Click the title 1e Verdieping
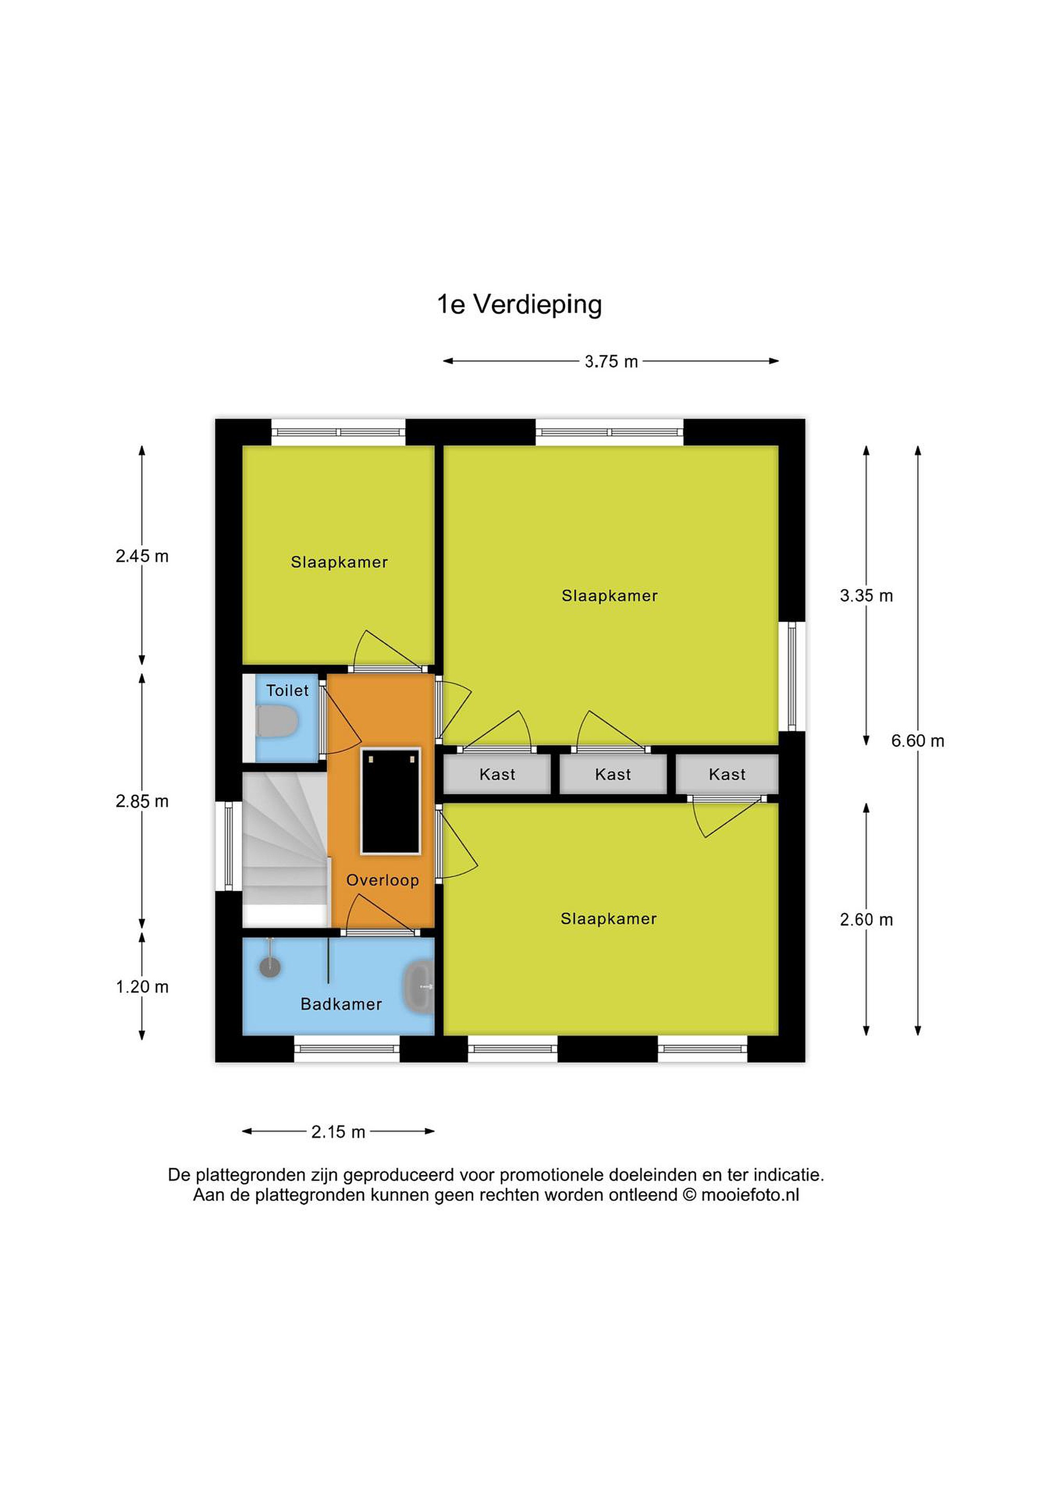519,305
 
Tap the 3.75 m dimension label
611,361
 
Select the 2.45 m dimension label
142,556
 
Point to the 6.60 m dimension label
918,741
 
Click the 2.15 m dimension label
338,1131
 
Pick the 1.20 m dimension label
142,987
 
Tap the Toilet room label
287,690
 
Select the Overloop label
382,880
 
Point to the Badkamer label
341,1004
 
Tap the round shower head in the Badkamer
270,967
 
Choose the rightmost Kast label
727,774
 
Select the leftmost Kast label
497,774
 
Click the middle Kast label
613,774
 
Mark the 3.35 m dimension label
866,595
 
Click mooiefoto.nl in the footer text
750,1195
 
